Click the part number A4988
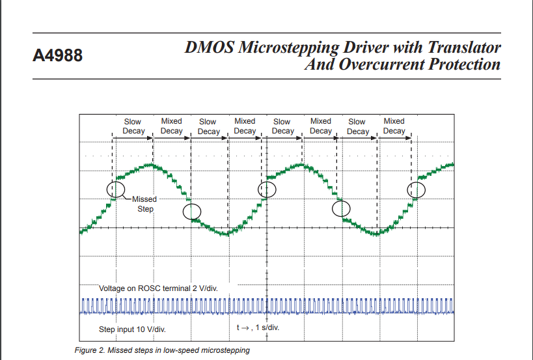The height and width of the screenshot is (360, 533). pyautogui.click(x=58, y=56)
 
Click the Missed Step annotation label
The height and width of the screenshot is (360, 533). pyautogui.click(x=144, y=204)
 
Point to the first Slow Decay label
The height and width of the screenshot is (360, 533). pyautogui.click(x=133, y=126)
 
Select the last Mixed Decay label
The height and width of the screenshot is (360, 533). pyautogui.click(x=394, y=126)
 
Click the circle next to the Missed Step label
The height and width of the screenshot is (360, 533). pyautogui.click(x=116, y=189)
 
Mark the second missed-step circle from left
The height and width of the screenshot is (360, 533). pyautogui.click(x=192, y=212)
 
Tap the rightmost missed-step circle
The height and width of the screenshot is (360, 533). pyautogui.click(x=416, y=189)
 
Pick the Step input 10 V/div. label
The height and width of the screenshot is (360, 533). pyautogui.click(x=131, y=329)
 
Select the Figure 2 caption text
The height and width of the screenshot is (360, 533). pyautogui.click(x=162, y=351)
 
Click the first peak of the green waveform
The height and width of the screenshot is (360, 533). pyautogui.click(x=151, y=165)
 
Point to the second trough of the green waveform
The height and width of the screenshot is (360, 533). pyautogui.click(x=376, y=233)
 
